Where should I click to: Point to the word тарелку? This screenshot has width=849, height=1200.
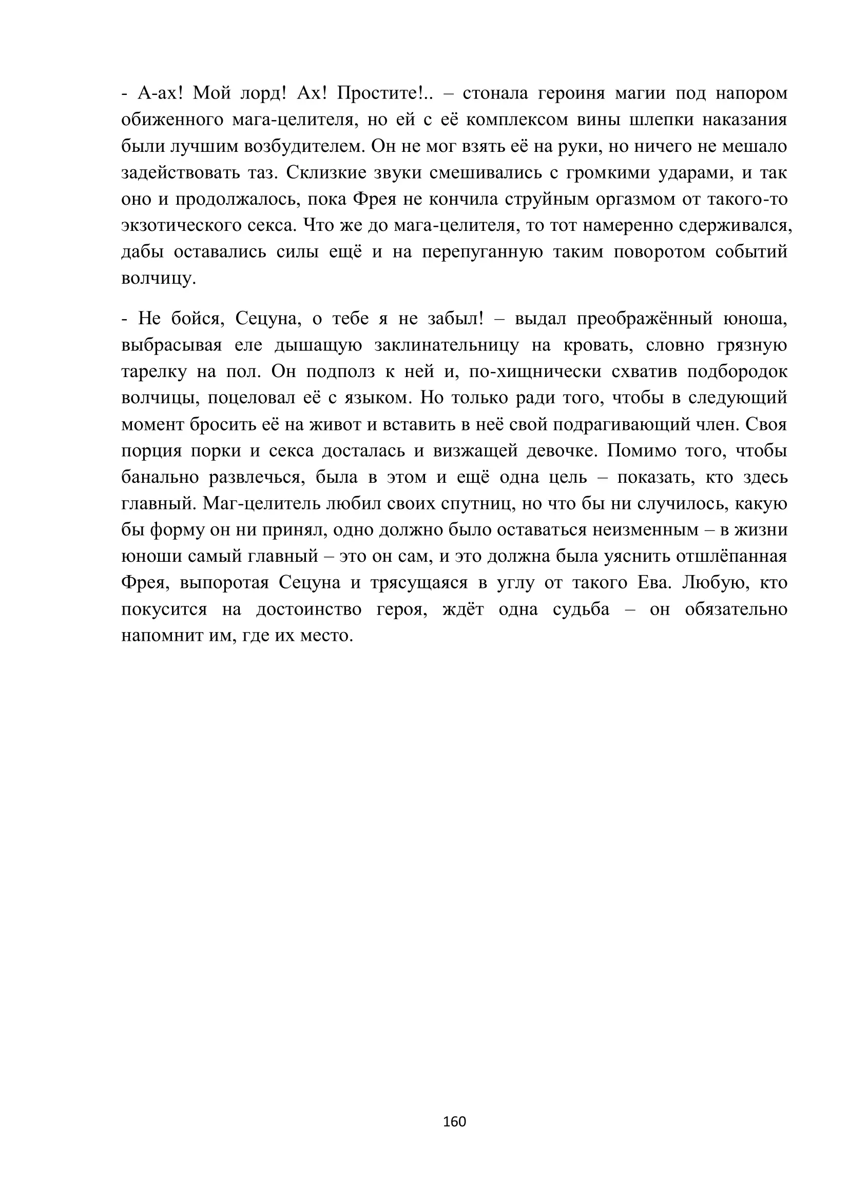[153, 371]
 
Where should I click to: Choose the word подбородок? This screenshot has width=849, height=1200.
[737, 371]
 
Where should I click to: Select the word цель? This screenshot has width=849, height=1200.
[568, 477]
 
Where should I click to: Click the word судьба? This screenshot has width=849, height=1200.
[582, 609]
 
